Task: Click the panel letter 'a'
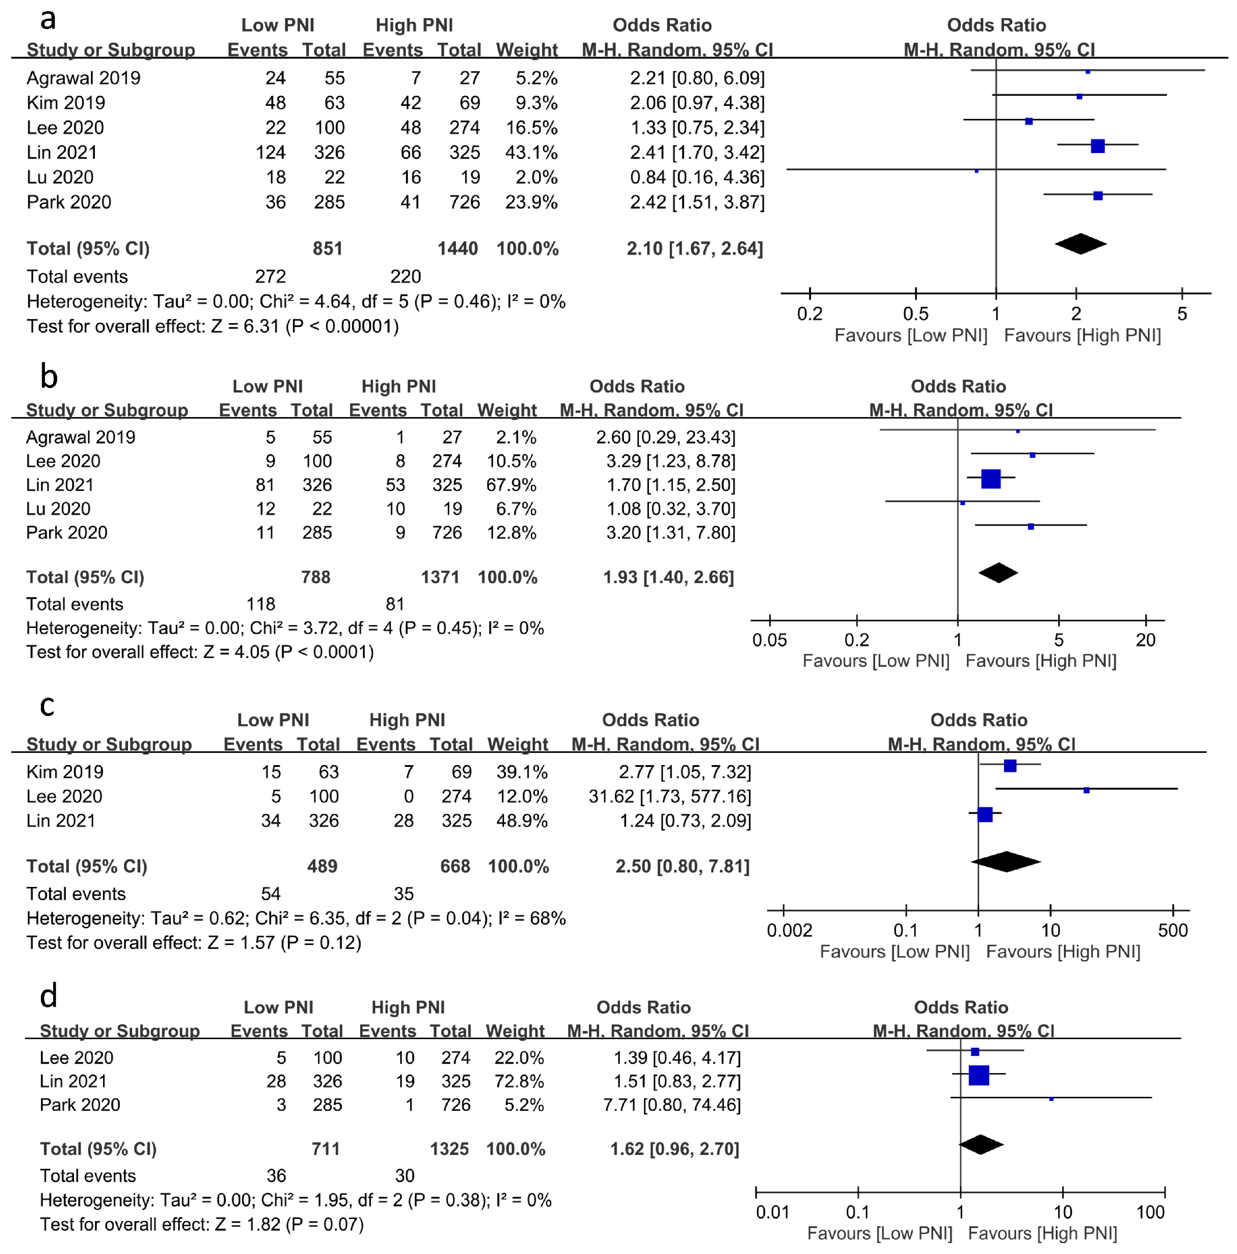click(x=48, y=20)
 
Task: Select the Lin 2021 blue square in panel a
click(x=1097, y=146)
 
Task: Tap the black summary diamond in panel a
click(x=1080, y=244)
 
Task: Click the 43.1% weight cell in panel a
click(x=531, y=153)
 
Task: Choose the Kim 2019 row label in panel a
click(x=65, y=103)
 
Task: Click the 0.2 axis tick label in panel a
click(x=810, y=314)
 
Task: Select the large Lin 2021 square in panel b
click(x=990, y=479)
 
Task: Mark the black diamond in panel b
click(x=998, y=572)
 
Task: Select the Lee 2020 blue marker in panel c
click(x=1087, y=790)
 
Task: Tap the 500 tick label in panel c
click(x=1173, y=930)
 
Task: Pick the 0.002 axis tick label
click(x=789, y=930)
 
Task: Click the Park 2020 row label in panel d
click(x=80, y=1105)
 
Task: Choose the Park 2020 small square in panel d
click(x=1051, y=1099)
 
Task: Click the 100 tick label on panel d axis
click(x=1151, y=1212)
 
